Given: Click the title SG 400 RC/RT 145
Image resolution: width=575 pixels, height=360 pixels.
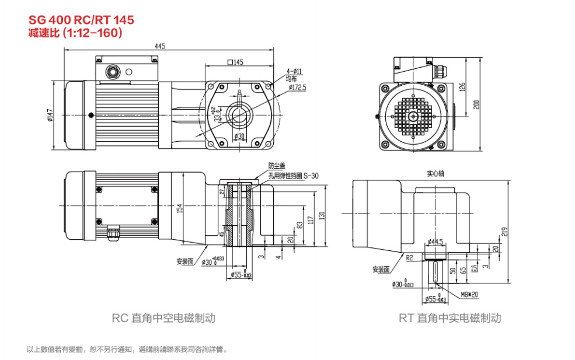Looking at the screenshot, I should [81, 20].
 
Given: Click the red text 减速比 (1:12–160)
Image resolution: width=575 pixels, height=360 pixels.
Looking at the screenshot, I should [75, 33].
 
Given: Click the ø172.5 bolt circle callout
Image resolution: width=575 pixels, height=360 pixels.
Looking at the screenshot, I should [297, 87].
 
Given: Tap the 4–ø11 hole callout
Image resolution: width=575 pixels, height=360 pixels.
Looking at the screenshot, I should [294, 71].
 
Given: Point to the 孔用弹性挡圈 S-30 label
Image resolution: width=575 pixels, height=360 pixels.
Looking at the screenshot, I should [293, 175].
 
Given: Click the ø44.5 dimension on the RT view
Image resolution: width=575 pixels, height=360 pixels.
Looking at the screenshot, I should [434, 241].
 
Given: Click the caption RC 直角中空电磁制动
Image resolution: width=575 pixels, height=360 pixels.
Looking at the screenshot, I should [163, 318].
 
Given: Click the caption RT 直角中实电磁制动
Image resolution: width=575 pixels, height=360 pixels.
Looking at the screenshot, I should [449, 318].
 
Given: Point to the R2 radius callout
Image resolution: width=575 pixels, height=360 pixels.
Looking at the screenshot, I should [409, 256].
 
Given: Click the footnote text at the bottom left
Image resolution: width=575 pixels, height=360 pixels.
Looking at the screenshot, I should [127, 349].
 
